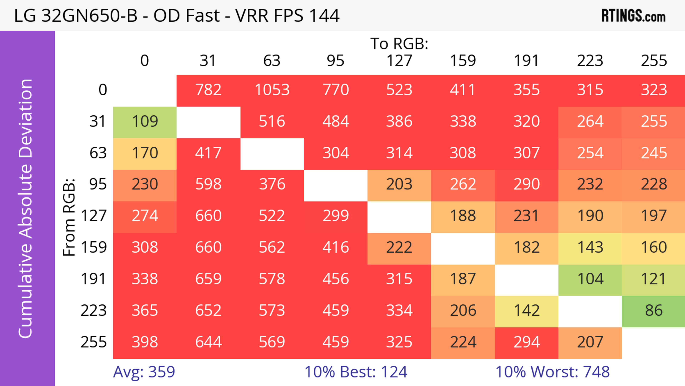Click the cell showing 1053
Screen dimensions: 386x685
(x=272, y=90)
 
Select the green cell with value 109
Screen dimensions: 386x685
(x=145, y=122)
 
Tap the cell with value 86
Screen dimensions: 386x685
(x=654, y=311)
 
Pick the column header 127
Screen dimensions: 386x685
(x=399, y=61)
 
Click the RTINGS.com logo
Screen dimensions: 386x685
(x=633, y=16)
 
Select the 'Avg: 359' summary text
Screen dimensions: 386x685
(x=144, y=372)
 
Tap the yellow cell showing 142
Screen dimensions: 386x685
(x=527, y=311)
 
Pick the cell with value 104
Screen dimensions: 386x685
(x=590, y=279)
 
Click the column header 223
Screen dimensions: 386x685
(x=590, y=61)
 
